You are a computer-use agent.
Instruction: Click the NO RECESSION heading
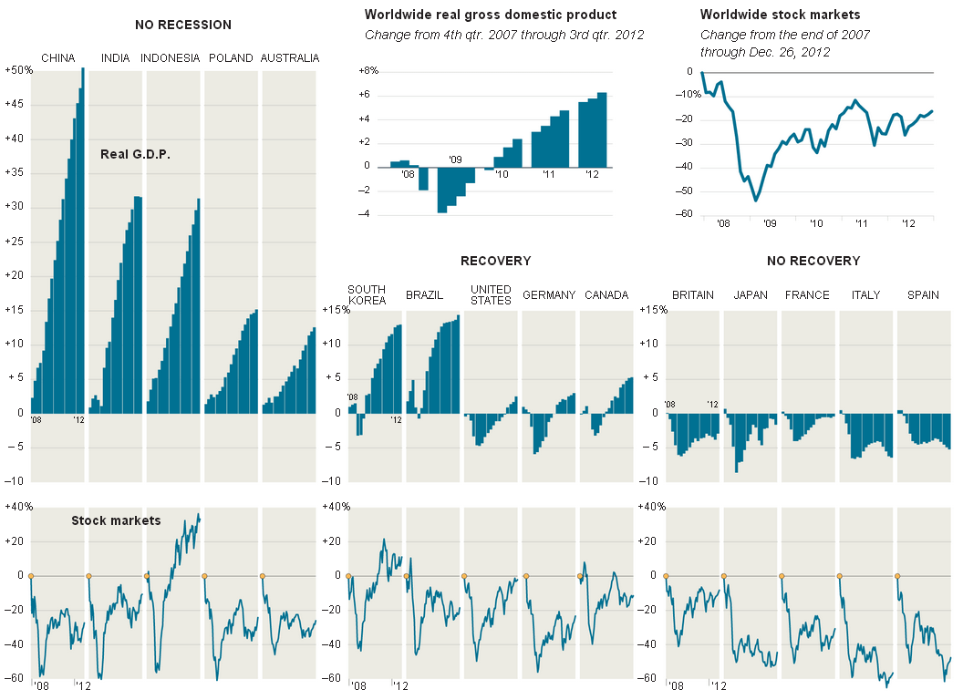183,25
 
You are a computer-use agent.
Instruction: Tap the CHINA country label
58,58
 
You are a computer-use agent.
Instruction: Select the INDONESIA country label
171,58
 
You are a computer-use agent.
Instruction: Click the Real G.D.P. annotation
136,154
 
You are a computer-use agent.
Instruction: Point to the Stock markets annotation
116,520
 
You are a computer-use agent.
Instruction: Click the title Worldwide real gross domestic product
491,15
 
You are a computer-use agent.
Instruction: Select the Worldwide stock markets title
780,15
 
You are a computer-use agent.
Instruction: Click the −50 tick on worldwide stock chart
679,190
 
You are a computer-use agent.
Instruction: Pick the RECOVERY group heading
495,261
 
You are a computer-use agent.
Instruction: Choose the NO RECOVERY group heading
813,261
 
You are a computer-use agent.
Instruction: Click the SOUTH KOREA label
367,294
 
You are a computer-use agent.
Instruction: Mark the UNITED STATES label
491,294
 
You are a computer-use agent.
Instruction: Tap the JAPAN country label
751,295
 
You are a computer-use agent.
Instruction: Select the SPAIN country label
923,295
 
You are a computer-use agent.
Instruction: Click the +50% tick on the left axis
18,70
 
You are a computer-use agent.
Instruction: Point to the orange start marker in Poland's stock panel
204,576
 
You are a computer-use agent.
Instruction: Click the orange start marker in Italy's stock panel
840,576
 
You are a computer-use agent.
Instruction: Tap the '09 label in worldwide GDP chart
456,160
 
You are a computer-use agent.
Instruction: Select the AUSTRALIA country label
290,58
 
